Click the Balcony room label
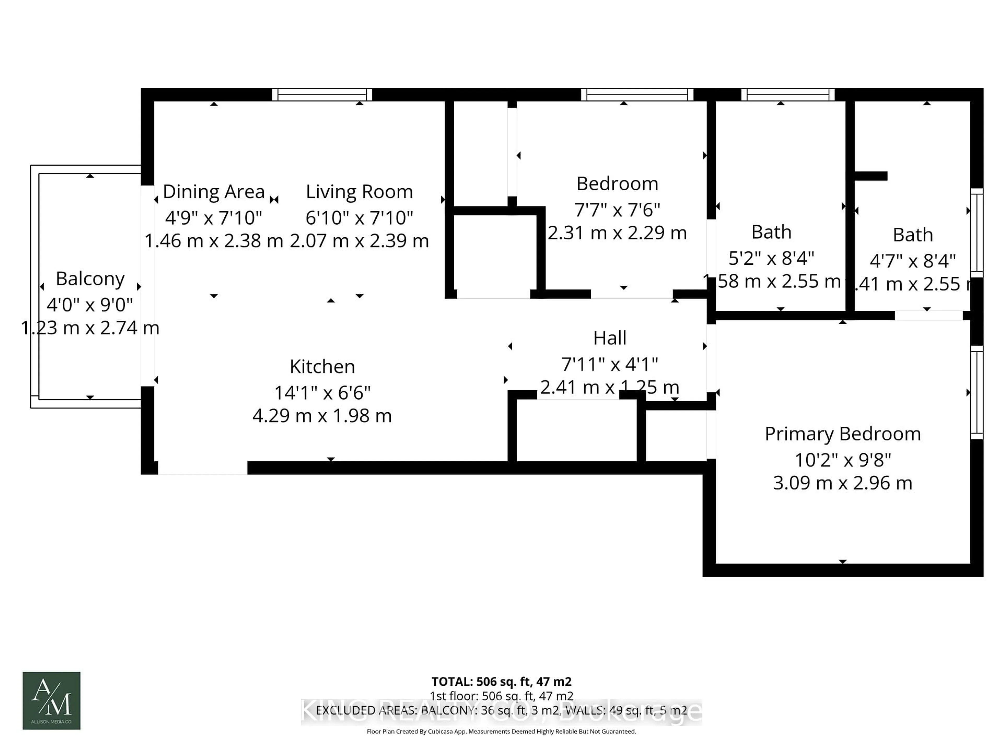coord(90,279)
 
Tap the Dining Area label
coord(214,192)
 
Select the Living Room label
coord(359,192)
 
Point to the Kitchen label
coord(322,367)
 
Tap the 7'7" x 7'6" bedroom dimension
coord(617,210)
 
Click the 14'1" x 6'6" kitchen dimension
coord(322,392)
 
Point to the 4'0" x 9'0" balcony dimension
coord(90,305)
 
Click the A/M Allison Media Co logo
coord(51,700)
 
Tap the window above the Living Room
coord(322,94)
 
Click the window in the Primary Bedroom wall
coord(977,392)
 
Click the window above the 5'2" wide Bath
coord(788,94)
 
